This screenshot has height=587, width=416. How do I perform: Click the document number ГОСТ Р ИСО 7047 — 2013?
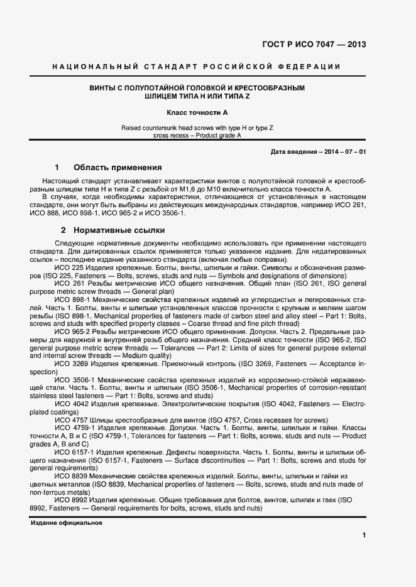[x=313, y=45]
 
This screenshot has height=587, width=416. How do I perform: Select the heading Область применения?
[x=118, y=168]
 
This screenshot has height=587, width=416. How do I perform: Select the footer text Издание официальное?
[x=67, y=522]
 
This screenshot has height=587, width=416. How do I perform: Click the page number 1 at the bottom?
[x=364, y=535]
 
